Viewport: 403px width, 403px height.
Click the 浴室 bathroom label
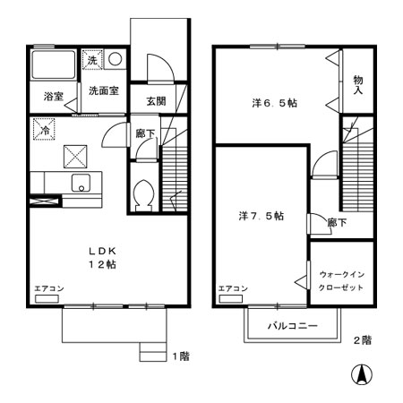(x=53, y=96)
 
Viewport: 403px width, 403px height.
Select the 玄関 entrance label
(x=155, y=101)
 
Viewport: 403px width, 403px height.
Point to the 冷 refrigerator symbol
(x=44, y=129)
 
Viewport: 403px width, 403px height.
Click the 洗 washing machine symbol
(x=92, y=60)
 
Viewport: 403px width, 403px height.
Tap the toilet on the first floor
(x=142, y=194)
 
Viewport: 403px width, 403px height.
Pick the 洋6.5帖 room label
(x=273, y=103)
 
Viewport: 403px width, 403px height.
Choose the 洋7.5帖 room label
(x=261, y=216)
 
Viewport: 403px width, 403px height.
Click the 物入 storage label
(x=357, y=85)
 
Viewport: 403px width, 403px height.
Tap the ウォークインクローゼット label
(x=341, y=280)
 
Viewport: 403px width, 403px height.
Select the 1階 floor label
(x=180, y=356)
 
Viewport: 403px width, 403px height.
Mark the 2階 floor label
(x=363, y=339)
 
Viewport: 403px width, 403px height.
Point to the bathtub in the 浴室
(x=54, y=65)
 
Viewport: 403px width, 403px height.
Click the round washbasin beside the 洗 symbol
(x=116, y=60)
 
